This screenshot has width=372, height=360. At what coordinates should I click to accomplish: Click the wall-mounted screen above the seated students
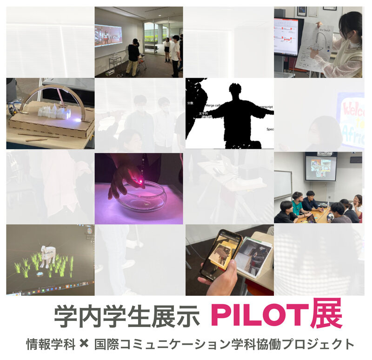(321, 167)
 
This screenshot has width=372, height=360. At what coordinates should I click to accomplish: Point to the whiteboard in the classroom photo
(283, 184)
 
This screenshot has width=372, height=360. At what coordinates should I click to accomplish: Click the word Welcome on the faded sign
(351, 107)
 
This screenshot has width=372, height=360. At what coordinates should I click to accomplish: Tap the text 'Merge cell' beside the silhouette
(216, 106)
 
